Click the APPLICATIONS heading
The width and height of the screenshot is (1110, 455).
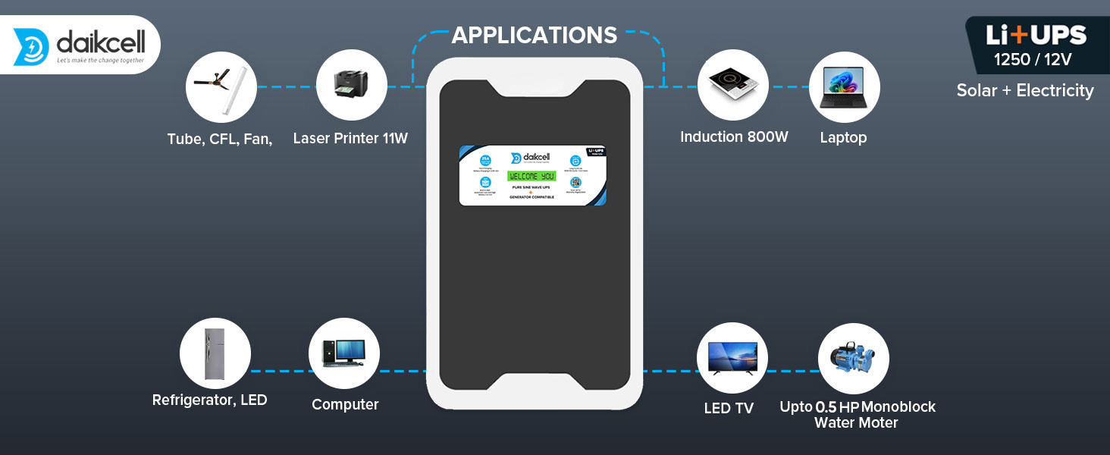(x=535, y=35)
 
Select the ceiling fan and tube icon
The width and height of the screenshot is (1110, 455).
(x=221, y=86)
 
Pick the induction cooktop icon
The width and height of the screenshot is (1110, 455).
(x=732, y=85)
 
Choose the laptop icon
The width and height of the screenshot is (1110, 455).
(x=844, y=86)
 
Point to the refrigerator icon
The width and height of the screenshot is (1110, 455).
(x=215, y=353)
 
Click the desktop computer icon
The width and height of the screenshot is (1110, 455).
(x=343, y=353)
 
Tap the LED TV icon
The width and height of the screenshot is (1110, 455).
(x=732, y=357)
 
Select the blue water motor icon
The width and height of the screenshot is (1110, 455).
(x=853, y=359)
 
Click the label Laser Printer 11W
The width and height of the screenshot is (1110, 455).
(x=350, y=139)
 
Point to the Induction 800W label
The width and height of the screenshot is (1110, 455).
(x=734, y=137)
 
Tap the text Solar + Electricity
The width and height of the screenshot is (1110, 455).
(x=1025, y=91)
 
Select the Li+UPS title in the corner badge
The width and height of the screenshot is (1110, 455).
(x=1036, y=36)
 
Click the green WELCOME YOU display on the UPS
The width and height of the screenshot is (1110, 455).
(x=531, y=176)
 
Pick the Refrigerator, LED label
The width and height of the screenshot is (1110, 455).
(x=210, y=400)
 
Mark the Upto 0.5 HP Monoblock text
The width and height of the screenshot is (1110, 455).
(x=858, y=407)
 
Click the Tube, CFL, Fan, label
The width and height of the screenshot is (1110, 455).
(x=220, y=139)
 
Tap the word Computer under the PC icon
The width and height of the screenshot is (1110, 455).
(x=345, y=405)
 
